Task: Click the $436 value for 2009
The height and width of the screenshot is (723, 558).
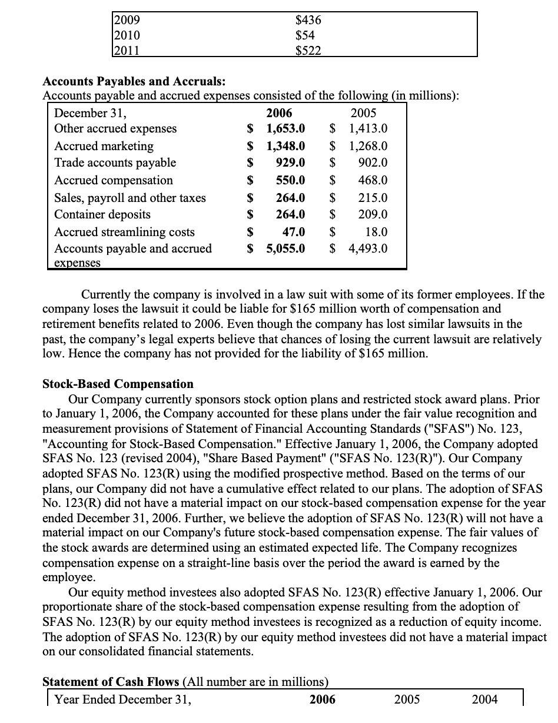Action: (x=308, y=19)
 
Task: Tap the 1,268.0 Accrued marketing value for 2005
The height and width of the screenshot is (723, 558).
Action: (x=368, y=145)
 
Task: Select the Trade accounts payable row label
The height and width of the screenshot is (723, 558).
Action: (x=115, y=162)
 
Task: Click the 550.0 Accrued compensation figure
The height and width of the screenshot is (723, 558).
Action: (x=291, y=180)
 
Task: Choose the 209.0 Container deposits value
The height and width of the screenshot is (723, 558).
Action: (x=373, y=214)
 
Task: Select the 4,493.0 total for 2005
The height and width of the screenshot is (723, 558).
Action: (x=368, y=248)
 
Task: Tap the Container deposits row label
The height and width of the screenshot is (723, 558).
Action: (x=102, y=214)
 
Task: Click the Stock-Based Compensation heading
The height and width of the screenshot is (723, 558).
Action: (x=118, y=384)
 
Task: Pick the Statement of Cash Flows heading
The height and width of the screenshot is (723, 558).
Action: (x=111, y=682)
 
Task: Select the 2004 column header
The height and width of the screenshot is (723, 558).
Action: (x=484, y=699)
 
